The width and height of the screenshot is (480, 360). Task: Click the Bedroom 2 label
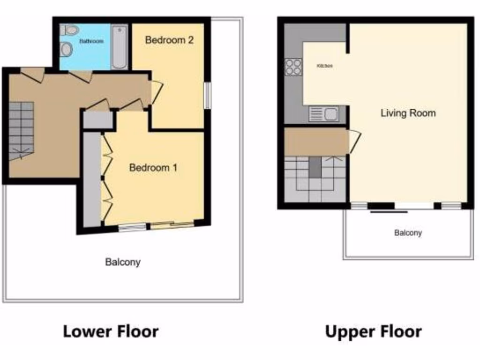[x=169, y=40]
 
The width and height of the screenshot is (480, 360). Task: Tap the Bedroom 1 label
[x=153, y=167]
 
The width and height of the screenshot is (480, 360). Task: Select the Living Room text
[x=408, y=113]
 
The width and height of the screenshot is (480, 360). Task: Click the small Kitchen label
[x=325, y=66]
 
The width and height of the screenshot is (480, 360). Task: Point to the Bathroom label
[x=91, y=41]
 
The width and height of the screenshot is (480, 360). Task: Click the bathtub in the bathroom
[x=120, y=47]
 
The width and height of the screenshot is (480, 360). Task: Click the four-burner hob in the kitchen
[x=293, y=67]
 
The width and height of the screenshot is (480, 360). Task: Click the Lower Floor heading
[x=111, y=331]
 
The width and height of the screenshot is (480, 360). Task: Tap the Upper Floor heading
[x=373, y=331]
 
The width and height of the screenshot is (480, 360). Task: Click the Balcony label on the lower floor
[x=122, y=262]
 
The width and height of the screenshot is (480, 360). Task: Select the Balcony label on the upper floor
[x=408, y=232]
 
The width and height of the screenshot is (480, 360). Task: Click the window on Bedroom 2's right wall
[x=207, y=96]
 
